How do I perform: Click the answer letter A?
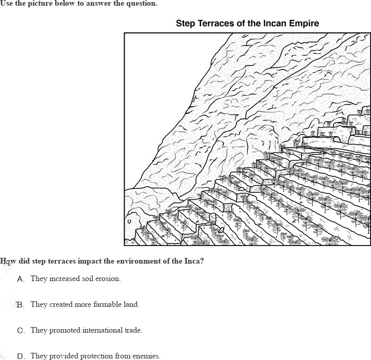point(21,279)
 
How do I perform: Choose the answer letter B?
point(20,305)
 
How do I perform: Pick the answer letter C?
point(21,331)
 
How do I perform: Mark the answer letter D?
point(21,356)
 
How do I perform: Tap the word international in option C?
point(98,330)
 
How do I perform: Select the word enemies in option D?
point(146,356)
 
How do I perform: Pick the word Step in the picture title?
point(186,23)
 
